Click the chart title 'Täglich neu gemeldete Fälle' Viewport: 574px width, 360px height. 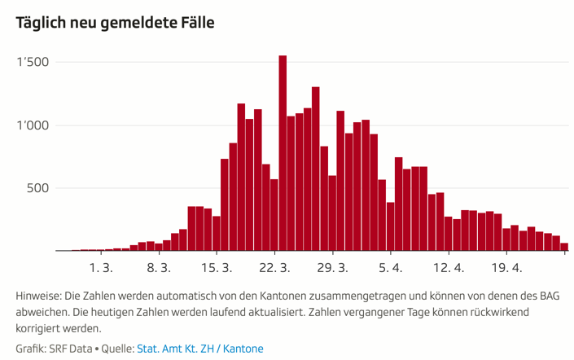click(115, 23)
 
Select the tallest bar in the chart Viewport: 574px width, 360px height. click(283, 153)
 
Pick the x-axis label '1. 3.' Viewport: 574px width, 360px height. click(100, 267)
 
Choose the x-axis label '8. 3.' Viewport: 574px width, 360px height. click(158, 267)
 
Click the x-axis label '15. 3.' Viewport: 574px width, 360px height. click(217, 267)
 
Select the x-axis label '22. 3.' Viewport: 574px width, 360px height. click(274, 267)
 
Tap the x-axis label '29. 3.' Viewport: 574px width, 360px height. click(332, 267)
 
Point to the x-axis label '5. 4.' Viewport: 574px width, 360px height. click(391, 267)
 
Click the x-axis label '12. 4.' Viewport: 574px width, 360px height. click(449, 267)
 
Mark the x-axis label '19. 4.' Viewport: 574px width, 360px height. click(506, 267)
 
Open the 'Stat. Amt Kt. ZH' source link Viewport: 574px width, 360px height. click(178, 349)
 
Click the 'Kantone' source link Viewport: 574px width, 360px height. click(245, 349)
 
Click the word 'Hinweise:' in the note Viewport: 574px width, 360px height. click(38, 295)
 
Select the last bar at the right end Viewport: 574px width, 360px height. click(564, 247)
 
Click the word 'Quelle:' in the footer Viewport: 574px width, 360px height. click(117, 349)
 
